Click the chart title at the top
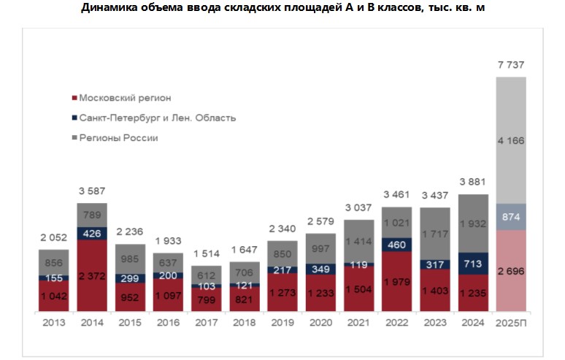tap(282, 8)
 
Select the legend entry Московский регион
tap(126, 98)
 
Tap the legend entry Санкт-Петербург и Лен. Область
tap(157, 118)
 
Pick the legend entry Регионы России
tap(118, 137)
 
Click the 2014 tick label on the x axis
tap(92, 323)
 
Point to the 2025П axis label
tap(511, 323)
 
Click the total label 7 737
tap(511, 65)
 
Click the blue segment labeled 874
tap(511, 217)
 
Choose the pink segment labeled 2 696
tap(511, 271)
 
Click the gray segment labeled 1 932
tap(473, 223)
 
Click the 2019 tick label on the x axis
tap(282, 323)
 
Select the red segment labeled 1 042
tap(54, 296)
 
